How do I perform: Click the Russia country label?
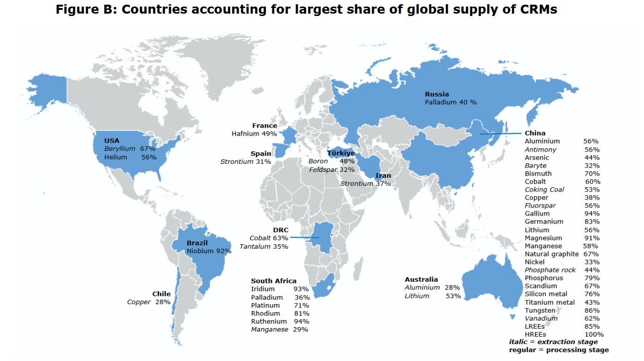437,94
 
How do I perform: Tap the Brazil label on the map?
197,243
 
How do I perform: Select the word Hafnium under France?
245,134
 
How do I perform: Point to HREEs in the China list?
535,334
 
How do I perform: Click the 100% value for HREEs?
594,334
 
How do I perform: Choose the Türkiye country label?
341,153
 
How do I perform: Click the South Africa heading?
273,281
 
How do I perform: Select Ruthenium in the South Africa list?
269,321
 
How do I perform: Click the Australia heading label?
421,279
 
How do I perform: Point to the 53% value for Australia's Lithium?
453,296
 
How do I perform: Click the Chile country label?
162,294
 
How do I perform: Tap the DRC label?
280,230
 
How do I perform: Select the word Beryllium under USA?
119,148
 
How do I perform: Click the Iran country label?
383,176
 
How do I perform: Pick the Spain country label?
261,154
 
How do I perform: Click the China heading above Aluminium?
535,133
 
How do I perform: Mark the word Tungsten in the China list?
540,310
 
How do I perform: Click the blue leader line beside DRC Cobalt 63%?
304,238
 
